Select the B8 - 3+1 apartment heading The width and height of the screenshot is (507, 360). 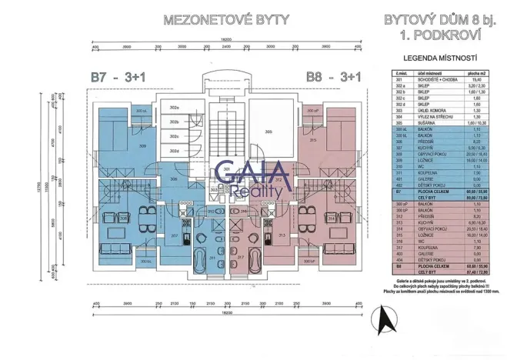click(x=334, y=76)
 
